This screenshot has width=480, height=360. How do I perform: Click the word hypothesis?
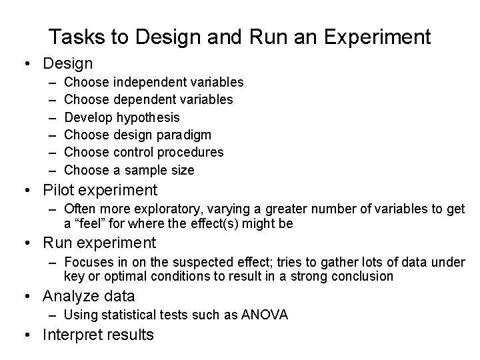tap(148, 117)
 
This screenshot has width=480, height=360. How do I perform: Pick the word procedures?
tap(191, 152)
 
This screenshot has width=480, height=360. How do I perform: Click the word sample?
tap(137, 170)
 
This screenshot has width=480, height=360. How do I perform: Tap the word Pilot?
tap(58, 190)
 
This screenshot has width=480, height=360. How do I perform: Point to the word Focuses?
tap(89, 263)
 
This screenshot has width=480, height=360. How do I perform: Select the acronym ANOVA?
tap(265, 315)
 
